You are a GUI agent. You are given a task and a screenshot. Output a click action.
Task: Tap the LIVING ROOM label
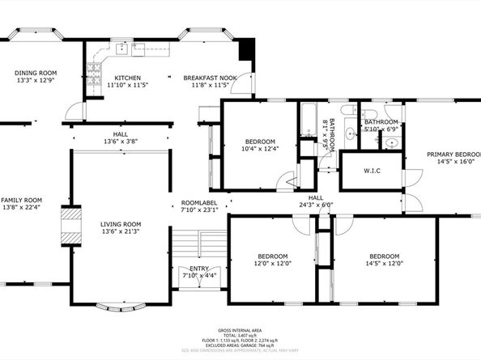121,224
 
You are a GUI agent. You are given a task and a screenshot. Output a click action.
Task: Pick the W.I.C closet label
372,171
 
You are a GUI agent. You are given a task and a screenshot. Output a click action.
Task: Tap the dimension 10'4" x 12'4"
260,148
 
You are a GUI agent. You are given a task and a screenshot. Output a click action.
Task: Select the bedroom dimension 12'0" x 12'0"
272,263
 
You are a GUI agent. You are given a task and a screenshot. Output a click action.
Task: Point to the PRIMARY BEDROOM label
453,154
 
